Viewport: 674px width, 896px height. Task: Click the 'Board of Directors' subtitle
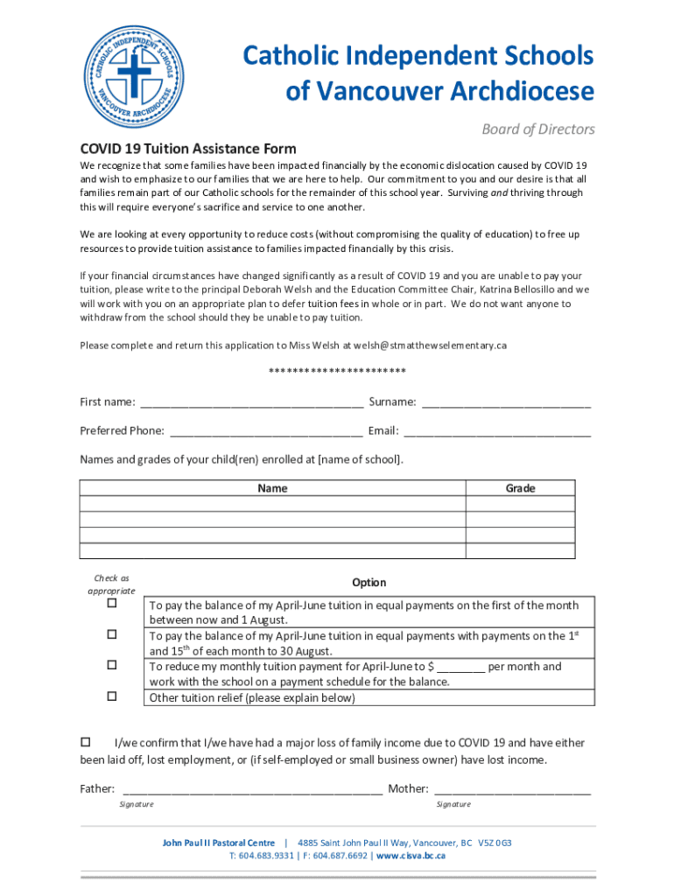pos(537,129)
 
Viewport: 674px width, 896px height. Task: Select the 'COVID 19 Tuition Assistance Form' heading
pos(188,149)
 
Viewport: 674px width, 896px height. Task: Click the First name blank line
pos(251,403)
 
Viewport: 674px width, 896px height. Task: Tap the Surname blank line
pos(506,403)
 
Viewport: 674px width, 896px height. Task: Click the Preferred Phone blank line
pos(266,431)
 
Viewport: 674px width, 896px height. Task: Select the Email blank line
pos(496,431)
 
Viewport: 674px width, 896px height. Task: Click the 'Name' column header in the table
pos(272,488)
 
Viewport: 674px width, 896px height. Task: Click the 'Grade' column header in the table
pos(520,488)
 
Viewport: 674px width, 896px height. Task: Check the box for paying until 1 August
pos(112,604)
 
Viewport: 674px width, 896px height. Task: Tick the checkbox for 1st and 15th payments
pos(112,634)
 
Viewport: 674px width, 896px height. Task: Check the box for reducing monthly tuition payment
pos(112,666)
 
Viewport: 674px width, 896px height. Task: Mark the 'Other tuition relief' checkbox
pos(112,696)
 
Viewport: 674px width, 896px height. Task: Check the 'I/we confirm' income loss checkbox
pos(86,742)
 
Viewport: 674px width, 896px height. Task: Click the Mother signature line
pos(512,789)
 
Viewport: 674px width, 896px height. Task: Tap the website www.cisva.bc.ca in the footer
pos(411,856)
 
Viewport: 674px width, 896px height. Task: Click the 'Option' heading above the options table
pos(369,583)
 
